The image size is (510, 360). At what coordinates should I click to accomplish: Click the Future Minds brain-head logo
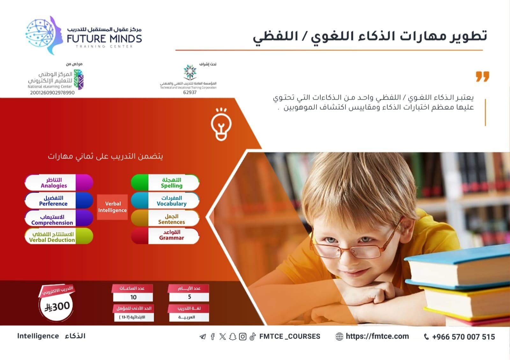pos(44,35)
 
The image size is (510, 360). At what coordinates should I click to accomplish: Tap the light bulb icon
pos(221,124)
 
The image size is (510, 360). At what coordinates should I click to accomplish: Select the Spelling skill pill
pos(165,183)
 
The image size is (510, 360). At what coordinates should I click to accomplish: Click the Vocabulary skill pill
pos(165,200)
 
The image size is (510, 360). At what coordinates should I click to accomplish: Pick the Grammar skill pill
pos(165,236)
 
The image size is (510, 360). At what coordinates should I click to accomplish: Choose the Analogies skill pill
pos(59,183)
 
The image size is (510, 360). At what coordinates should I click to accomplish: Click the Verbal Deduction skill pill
pos(59,236)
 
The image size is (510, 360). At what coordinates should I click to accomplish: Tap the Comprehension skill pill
pos(59,218)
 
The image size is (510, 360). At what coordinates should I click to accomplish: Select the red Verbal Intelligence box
pos(112,207)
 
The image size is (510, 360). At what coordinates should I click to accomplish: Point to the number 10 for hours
pos(134,297)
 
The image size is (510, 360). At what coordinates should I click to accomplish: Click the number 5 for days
pos(189,297)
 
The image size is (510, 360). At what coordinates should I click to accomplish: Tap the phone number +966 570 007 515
pos(463,336)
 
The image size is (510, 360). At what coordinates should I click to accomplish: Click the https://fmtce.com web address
pos(377,336)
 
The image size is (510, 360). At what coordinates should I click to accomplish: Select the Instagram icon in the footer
pos(243,336)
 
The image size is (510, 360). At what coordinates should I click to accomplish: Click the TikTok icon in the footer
pos(253,336)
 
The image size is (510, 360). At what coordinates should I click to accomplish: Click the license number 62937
pos(190,92)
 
